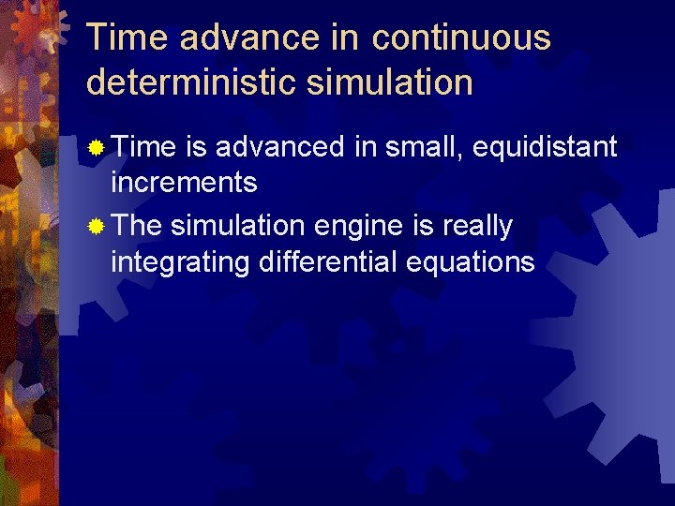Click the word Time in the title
coord(127,38)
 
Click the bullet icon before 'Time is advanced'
coord(96,148)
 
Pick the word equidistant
coord(550,147)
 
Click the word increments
coord(184,182)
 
